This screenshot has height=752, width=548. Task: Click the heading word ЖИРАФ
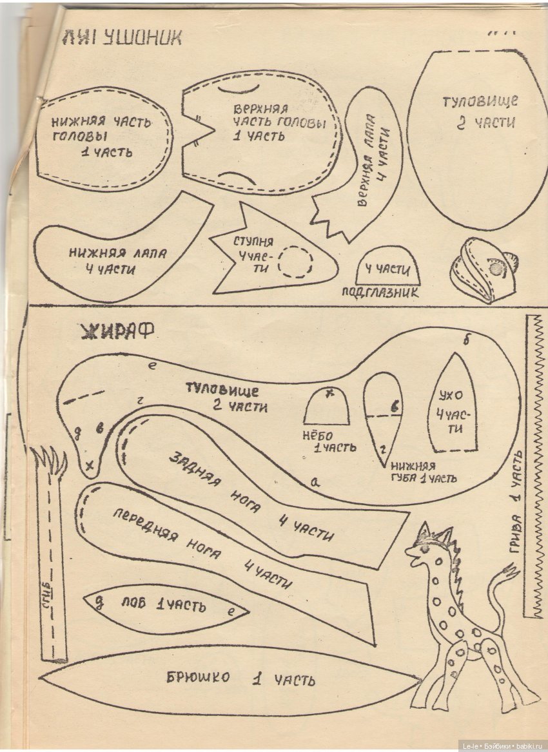point(117,331)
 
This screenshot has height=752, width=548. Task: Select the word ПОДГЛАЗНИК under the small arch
point(380,292)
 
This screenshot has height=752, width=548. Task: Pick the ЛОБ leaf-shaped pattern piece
point(164,606)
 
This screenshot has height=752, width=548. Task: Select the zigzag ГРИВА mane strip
point(535,464)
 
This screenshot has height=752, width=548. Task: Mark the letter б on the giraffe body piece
point(466,339)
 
